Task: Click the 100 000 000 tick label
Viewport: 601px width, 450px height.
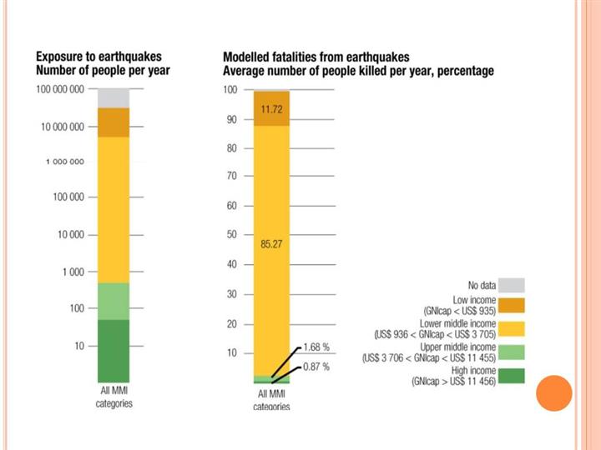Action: click(60, 88)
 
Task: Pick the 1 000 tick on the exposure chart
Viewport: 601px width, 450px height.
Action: click(73, 272)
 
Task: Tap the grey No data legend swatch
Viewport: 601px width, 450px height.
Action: click(513, 284)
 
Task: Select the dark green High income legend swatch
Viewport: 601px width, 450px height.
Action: click(513, 375)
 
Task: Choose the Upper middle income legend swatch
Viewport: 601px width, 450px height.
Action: click(513, 352)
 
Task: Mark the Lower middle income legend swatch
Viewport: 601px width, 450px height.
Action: click(513, 329)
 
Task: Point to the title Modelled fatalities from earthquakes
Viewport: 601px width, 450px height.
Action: click(316, 57)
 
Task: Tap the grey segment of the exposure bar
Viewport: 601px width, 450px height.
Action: click(114, 97)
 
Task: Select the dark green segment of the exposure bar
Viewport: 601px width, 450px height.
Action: click(114, 350)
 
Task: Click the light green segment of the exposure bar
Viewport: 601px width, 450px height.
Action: click(114, 301)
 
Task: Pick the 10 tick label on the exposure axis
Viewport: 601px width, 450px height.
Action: click(79, 346)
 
